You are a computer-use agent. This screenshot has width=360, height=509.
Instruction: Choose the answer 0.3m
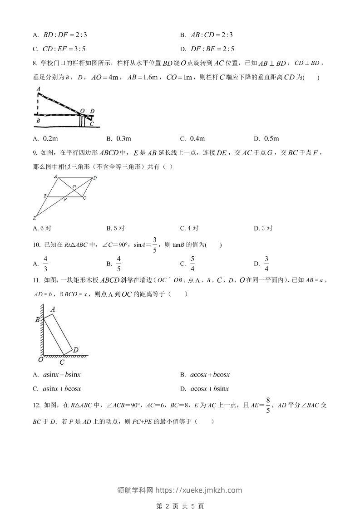[x=123, y=138]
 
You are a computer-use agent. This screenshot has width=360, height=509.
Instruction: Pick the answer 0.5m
[x=271, y=138]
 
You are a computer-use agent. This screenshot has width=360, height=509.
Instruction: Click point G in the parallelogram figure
[x=74, y=186]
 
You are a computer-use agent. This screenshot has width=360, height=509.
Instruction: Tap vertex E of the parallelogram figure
[x=35, y=218]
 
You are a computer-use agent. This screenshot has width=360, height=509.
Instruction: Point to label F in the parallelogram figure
[x=65, y=200]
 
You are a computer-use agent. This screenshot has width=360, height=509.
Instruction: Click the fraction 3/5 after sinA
[x=154, y=245]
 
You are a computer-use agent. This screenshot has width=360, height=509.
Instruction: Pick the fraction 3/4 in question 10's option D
[x=267, y=263]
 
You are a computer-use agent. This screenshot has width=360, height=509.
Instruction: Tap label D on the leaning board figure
[x=76, y=349]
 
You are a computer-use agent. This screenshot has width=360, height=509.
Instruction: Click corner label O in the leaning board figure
[x=40, y=359]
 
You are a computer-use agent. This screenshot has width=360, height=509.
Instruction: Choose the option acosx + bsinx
[x=209, y=389]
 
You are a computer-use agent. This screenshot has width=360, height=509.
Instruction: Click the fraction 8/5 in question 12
[x=268, y=405]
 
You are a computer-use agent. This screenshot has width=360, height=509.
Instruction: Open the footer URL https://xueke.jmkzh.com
[x=199, y=490]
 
